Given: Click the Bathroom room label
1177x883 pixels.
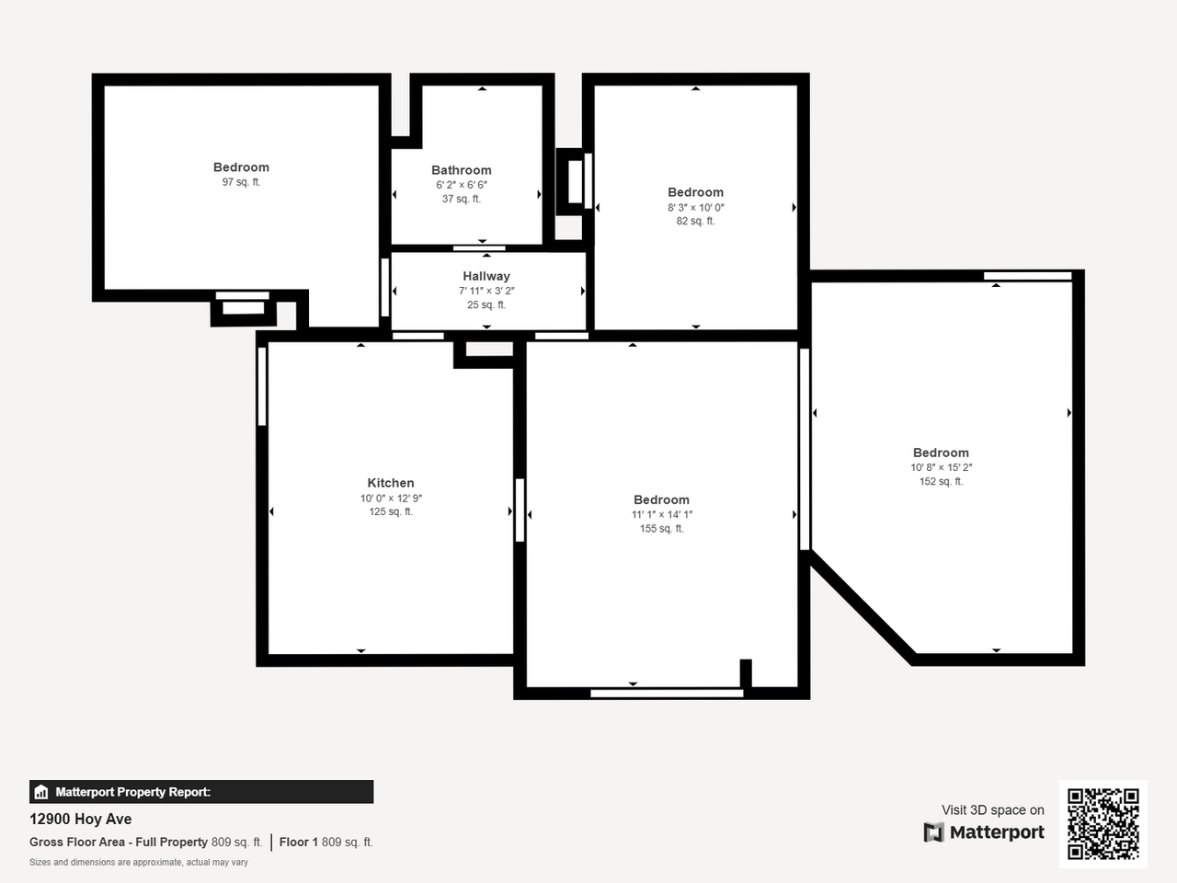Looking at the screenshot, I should coord(461,170).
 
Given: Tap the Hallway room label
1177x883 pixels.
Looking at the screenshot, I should coord(486,276).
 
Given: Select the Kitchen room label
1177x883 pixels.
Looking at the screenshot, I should coord(391,483).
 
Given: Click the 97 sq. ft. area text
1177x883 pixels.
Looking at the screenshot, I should coord(241,182).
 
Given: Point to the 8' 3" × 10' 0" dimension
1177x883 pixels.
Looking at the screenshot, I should coord(695,207).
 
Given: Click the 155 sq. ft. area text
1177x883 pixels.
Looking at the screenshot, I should coord(661,529).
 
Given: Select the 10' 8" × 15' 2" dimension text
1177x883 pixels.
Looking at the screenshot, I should coord(941,467).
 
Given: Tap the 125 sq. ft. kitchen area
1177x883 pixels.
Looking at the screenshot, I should coord(391,511).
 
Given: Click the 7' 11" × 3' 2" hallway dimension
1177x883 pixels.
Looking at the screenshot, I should coord(486,291).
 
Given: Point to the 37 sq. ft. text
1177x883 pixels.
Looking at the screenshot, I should coord(461,199).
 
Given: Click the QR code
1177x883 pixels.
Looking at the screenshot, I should coord(1103,823).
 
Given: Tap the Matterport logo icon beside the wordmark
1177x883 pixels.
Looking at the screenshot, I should coord(933,832).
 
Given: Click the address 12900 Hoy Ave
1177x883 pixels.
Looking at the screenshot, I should coord(81,819).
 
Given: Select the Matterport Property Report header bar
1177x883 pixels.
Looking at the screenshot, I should coord(201,791).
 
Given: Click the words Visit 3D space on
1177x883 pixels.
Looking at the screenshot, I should coord(992,809).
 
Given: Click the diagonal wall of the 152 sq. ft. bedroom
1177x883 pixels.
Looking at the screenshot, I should coord(861,605).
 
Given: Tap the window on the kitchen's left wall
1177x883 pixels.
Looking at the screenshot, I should coord(262,386).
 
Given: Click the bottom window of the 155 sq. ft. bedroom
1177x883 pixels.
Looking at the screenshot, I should coord(666,693).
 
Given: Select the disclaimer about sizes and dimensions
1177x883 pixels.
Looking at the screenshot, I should coord(139,862).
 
